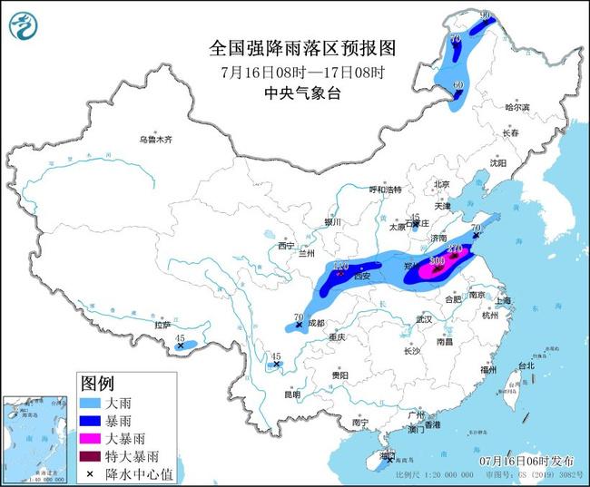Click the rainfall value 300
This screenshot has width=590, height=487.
coord(437,260)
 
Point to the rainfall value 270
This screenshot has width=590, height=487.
coord(456,248)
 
